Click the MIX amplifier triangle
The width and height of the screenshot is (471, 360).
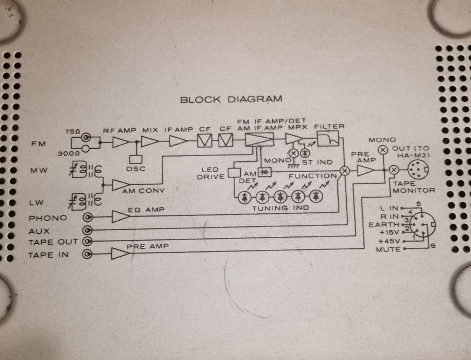149,142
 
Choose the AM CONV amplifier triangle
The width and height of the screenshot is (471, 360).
121,185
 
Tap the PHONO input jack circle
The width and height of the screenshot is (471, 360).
88,218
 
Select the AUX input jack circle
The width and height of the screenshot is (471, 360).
88,230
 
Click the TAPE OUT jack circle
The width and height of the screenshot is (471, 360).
88,242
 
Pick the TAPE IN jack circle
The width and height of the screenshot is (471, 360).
88,255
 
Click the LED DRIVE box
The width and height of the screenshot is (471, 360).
234,173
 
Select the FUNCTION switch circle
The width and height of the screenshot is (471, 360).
345,171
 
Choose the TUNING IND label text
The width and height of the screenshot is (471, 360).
280,208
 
